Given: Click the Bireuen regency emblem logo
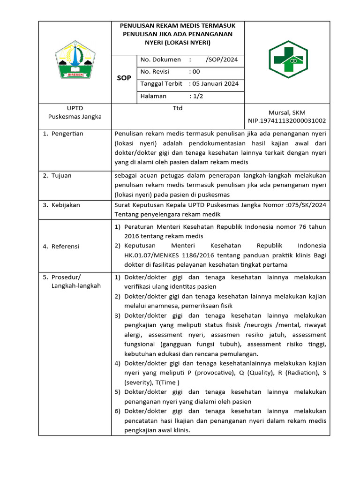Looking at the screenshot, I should pos(75,60).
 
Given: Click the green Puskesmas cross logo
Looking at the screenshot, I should pos(287,60).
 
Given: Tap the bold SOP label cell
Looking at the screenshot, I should pos(124,78).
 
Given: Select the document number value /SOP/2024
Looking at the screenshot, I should pos(222,60).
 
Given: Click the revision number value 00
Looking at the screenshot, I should pos(195,72).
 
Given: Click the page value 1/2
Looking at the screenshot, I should pos(196,96).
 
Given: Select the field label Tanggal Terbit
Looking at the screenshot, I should pos(161,84).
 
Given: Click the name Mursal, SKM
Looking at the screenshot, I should pos(286,112).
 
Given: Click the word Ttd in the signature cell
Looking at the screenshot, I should pos(178,108).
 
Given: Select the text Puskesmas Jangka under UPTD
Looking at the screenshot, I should pos(75,117).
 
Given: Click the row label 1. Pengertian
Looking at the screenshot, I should pos(63,134).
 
